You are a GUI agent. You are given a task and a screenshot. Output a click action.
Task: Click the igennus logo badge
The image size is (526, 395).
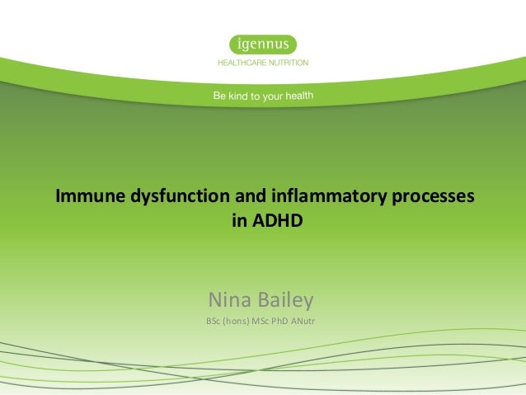(x=262, y=44)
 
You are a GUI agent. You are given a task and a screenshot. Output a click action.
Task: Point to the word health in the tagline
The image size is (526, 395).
(x=298, y=96)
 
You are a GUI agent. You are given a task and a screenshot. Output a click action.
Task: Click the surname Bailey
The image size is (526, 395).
(x=287, y=298)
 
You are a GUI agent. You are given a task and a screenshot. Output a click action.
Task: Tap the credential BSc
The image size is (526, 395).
(x=214, y=320)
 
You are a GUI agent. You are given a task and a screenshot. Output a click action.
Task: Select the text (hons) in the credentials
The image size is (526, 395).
(x=238, y=320)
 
